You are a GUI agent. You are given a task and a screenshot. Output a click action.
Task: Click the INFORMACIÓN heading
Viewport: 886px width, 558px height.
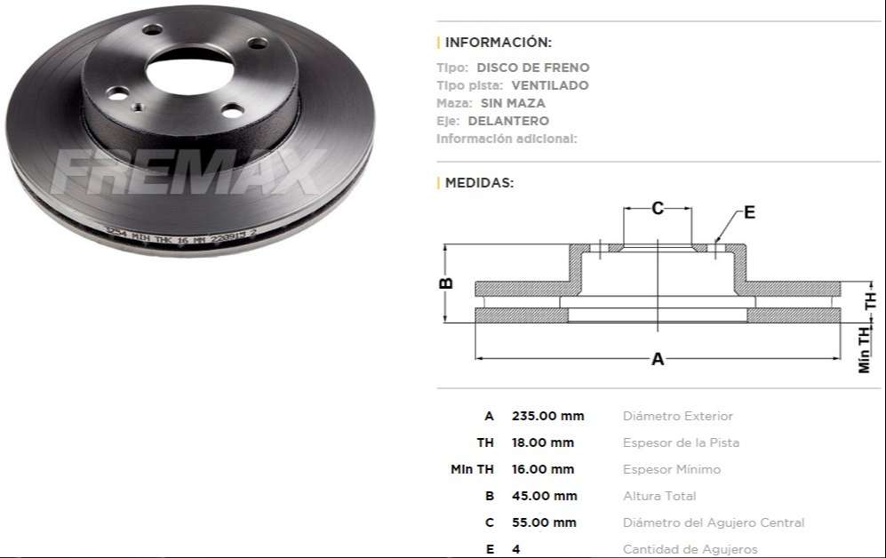(498, 42)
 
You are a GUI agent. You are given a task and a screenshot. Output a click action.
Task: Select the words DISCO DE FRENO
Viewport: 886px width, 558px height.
(532, 68)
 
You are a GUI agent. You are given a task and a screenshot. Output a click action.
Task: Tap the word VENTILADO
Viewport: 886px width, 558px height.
(549, 85)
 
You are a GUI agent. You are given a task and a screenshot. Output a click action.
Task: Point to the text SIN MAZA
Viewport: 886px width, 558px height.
(513, 103)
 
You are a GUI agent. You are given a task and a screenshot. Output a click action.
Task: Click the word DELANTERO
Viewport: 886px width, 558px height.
(508, 121)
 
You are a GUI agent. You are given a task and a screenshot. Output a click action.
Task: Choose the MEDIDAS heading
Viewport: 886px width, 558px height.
(479, 183)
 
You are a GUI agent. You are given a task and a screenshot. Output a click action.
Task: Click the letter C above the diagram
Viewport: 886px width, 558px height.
(658, 209)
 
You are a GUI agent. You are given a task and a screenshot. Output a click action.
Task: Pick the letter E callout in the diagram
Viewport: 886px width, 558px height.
(749, 212)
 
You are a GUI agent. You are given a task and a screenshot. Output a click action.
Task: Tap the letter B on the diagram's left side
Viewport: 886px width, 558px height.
(447, 283)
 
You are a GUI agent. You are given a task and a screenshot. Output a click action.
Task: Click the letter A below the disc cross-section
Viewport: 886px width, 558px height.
(658, 360)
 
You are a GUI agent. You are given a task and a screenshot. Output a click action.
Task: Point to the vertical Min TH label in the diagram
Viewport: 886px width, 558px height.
(865, 349)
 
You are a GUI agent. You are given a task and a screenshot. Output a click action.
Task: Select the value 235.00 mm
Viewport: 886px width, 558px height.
(547, 416)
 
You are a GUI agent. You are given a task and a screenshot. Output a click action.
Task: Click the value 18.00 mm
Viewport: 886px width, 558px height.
(543, 442)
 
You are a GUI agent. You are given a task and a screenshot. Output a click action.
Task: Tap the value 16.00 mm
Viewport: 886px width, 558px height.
(543, 469)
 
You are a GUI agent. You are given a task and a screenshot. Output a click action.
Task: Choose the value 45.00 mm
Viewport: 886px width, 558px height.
(544, 496)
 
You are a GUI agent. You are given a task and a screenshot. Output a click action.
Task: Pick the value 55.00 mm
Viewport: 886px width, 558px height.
(544, 522)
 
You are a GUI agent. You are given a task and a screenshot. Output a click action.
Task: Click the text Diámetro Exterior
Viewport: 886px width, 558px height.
(678, 416)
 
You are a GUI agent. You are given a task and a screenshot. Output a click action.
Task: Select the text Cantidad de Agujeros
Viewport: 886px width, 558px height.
(690, 549)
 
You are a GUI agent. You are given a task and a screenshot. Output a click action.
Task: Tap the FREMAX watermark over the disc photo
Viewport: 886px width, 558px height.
(188, 173)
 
